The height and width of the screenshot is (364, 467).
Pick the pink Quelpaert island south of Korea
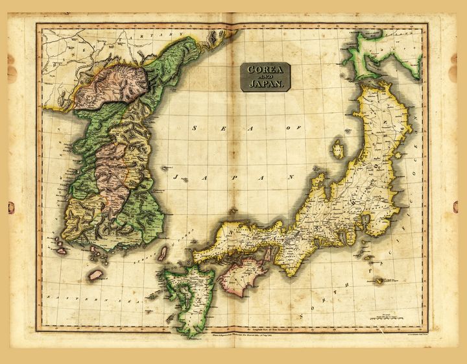tap(95, 275)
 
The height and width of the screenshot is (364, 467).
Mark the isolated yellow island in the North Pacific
tap(380, 280)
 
